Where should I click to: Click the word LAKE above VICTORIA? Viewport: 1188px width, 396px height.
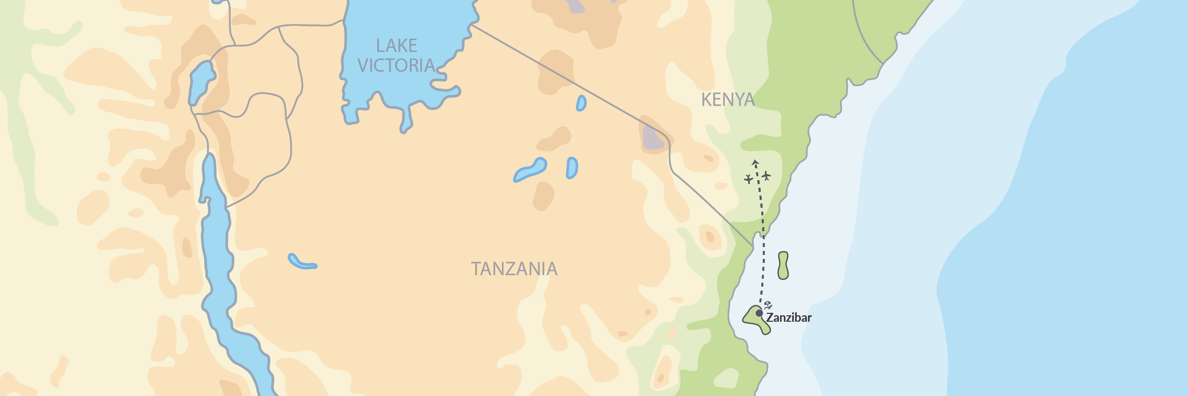tap(396, 46)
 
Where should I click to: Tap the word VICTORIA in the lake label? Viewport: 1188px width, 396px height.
tap(396, 65)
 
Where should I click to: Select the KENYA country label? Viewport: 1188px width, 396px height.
tap(728, 100)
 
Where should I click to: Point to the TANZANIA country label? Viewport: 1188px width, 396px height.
tap(514, 269)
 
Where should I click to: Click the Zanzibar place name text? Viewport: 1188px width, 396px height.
tap(789, 318)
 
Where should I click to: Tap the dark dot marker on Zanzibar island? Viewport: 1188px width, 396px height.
tap(759, 313)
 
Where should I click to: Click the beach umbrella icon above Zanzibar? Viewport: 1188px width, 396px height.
tap(768, 305)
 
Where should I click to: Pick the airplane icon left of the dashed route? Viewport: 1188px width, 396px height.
tap(748, 179)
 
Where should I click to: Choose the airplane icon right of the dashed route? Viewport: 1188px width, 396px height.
tap(766, 176)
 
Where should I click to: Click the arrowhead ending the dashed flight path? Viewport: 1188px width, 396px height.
tap(755, 162)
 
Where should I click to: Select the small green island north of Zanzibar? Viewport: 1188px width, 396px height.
tap(783, 265)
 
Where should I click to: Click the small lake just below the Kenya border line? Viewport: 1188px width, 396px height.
tap(581, 103)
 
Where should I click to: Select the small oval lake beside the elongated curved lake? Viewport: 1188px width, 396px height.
tap(572, 168)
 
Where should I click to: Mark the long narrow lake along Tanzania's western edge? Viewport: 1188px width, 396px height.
tap(218, 257)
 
